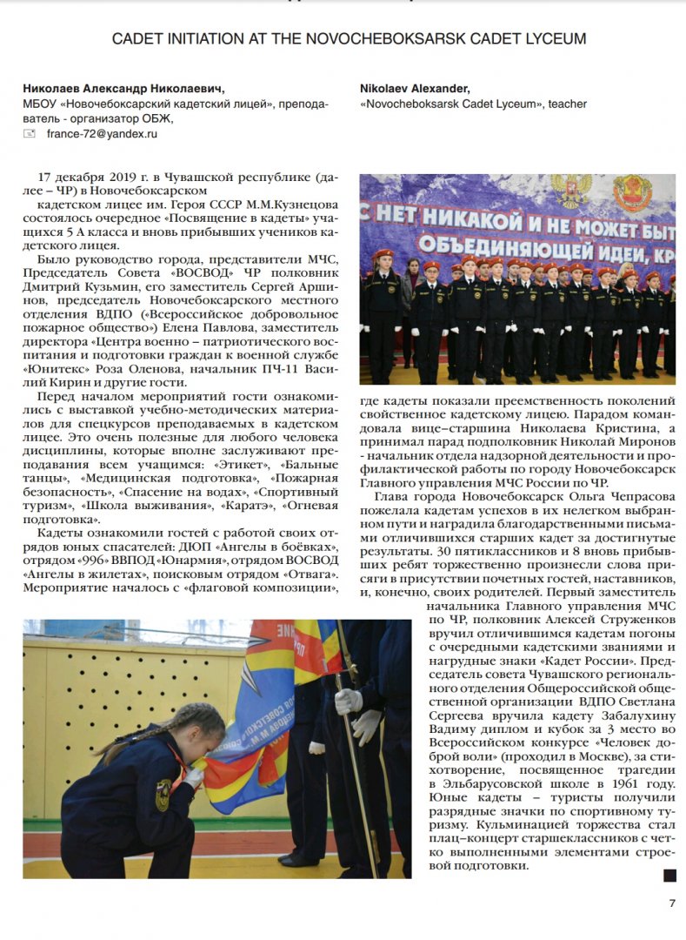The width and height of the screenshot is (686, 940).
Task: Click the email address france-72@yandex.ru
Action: click(102, 134)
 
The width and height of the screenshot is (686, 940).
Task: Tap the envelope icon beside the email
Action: click(30, 134)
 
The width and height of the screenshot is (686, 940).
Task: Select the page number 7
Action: click(671, 903)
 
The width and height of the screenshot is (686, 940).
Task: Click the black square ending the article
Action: click(669, 875)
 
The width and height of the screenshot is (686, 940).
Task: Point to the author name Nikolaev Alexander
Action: click(415, 88)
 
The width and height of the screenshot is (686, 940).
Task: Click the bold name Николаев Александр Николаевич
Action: click(123, 88)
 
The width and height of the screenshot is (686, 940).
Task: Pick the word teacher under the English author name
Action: click(569, 104)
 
